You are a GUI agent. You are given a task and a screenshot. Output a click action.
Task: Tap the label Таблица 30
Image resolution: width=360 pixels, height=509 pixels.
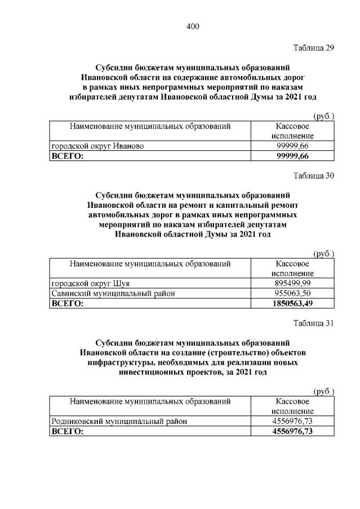click(x=314, y=176)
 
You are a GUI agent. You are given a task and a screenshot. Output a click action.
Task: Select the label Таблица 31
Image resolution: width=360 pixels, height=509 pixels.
click(x=314, y=323)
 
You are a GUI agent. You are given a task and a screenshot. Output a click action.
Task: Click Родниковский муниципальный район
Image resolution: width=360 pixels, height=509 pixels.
click(x=119, y=421)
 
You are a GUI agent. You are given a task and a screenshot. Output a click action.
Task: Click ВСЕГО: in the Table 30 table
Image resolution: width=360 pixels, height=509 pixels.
click(x=67, y=303)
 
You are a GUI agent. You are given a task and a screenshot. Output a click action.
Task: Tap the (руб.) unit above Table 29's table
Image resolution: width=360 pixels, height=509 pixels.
click(x=323, y=116)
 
